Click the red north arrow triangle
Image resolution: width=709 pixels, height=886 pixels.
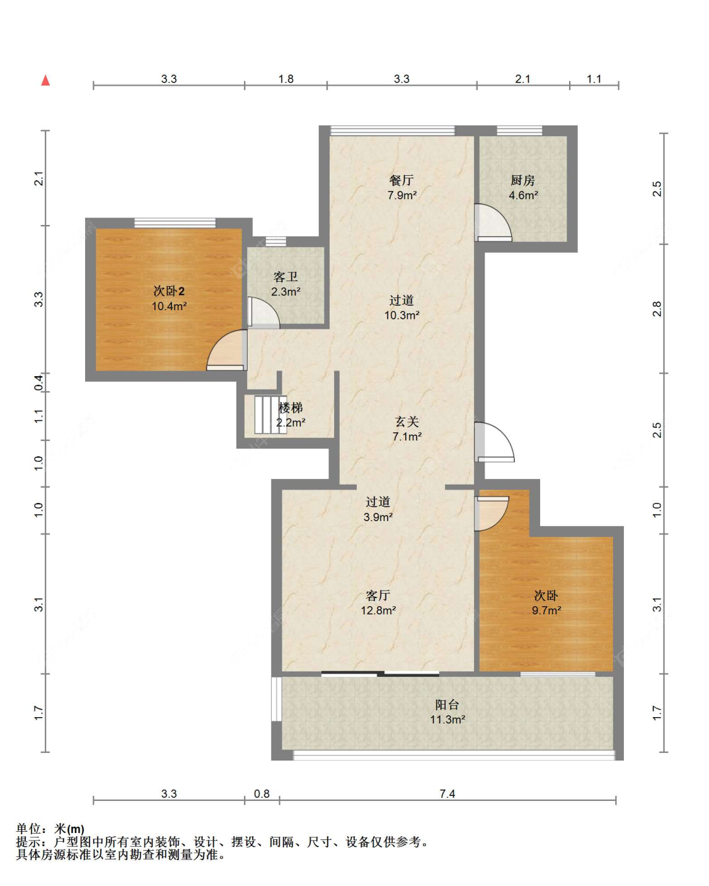click(x=45, y=81)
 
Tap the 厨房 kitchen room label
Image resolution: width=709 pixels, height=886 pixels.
click(x=522, y=180)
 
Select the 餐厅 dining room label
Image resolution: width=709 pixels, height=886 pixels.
click(x=401, y=180)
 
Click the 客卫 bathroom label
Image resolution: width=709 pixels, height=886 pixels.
click(x=285, y=277)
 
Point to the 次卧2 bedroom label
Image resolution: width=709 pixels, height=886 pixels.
click(x=169, y=291)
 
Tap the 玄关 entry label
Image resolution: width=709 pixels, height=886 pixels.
click(x=406, y=421)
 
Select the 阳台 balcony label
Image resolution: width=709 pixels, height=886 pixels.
click(x=447, y=705)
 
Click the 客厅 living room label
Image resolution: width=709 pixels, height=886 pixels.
click(x=378, y=595)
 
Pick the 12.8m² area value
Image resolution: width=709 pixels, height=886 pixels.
click(x=378, y=610)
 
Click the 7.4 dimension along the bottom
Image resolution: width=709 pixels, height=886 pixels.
click(x=447, y=793)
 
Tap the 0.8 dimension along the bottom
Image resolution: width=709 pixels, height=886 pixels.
click(x=262, y=793)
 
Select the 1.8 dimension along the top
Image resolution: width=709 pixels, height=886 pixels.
click(x=285, y=79)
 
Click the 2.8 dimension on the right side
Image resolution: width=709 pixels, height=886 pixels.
click(x=657, y=309)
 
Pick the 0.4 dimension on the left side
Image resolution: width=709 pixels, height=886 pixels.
click(x=38, y=383)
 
